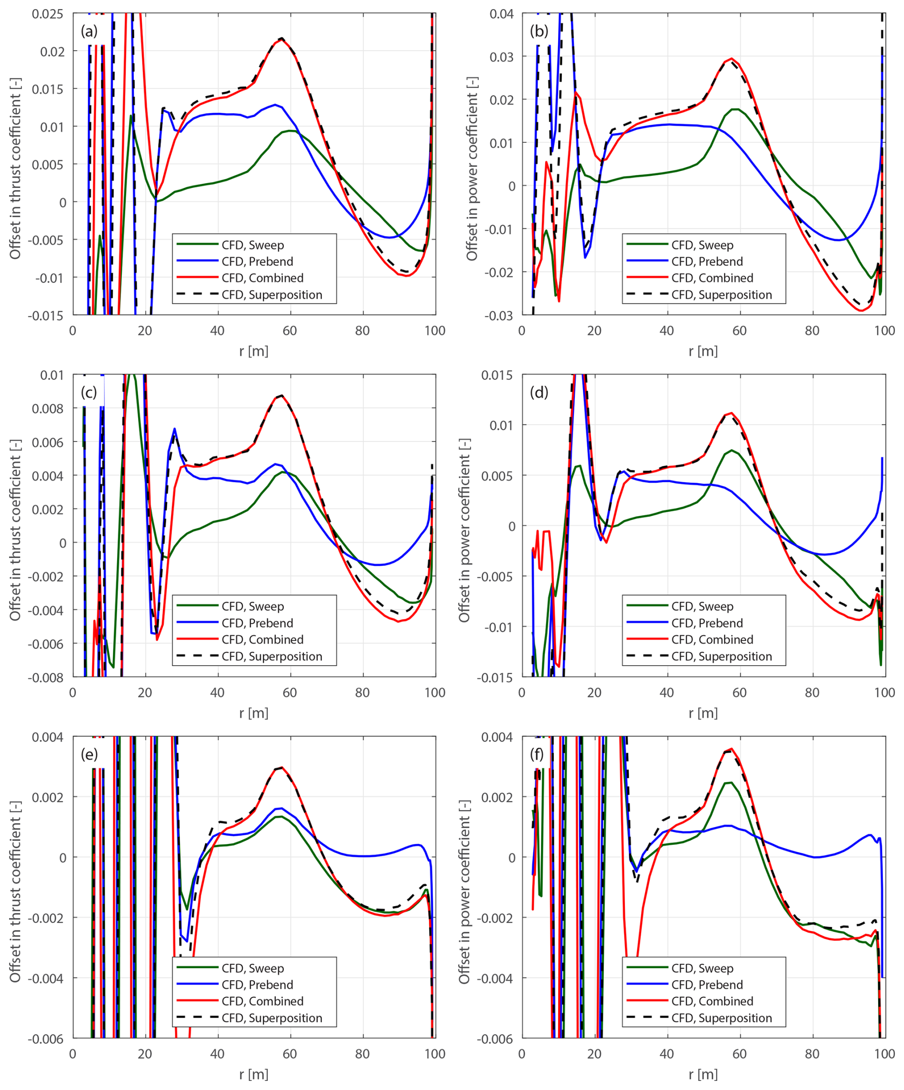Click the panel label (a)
(x=89, y=31)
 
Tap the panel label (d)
(x=539, y=392)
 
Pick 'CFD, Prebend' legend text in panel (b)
(x=707, y=261)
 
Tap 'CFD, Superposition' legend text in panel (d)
(x=721, y=656)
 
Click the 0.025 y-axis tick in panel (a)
(x=48, y=14)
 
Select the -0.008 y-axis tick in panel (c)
(x=46, y=677)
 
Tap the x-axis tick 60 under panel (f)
(x=739, y=1054)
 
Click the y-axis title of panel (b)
(x=471, y=169)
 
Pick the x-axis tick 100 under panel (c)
(x=435, y=692)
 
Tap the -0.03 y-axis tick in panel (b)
(x=500, y=315)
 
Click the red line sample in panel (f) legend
(x=646, y=1001)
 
